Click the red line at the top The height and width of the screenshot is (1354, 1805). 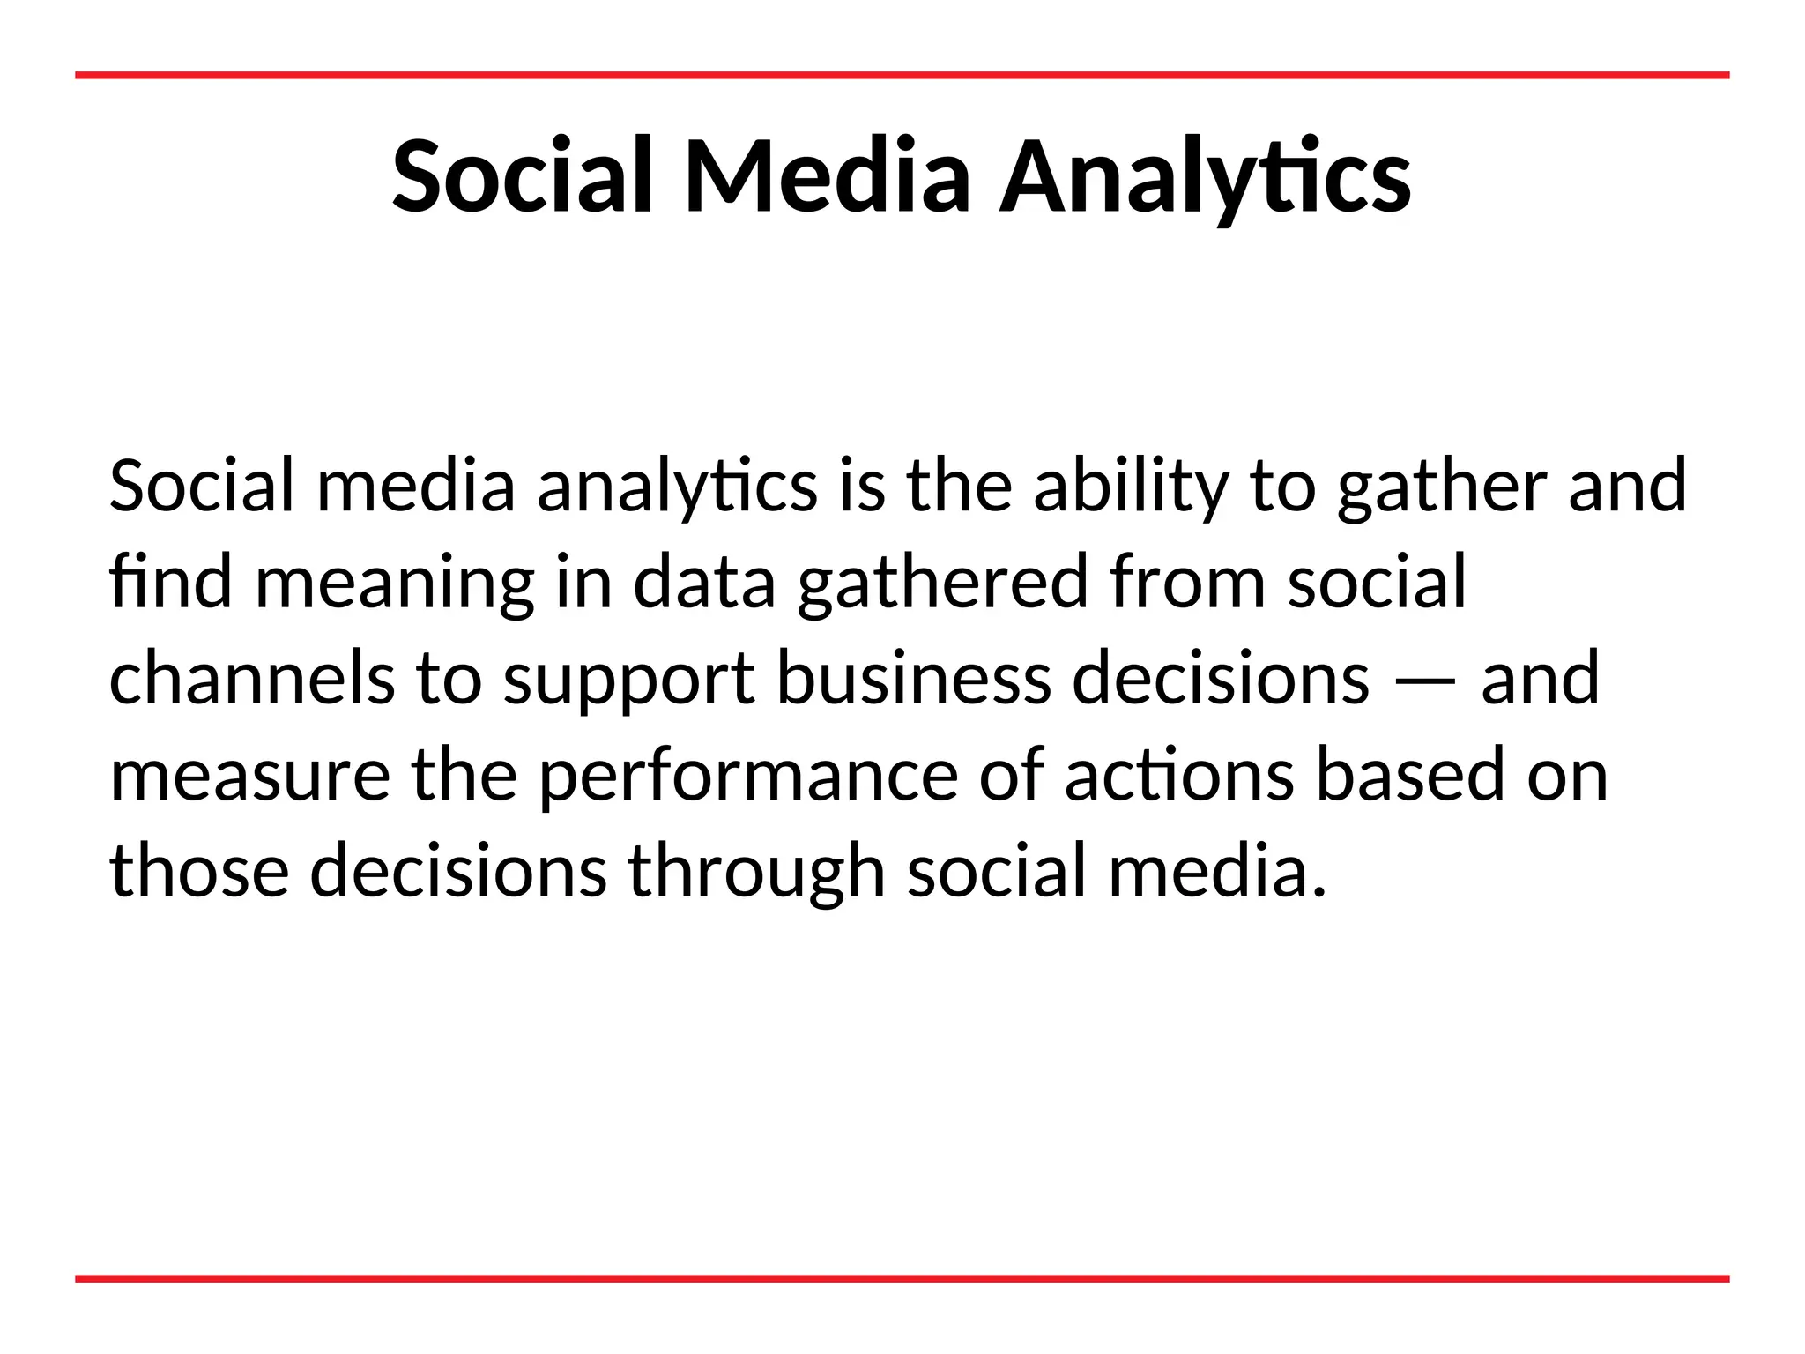click(902, 76)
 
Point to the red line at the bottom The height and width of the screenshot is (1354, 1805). click(902, 1278)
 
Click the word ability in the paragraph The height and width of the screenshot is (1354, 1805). click(1131, 487)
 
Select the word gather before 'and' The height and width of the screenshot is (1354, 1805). click(1441, 487)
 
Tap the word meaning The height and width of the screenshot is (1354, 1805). click(394, 584)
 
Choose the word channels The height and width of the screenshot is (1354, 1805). click(252, 678)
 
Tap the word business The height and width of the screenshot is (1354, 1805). click(914, 678)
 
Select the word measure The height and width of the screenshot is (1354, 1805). click(249, 776)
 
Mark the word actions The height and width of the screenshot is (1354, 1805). click(1179, 776)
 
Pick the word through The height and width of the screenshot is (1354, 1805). click(756, 873)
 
